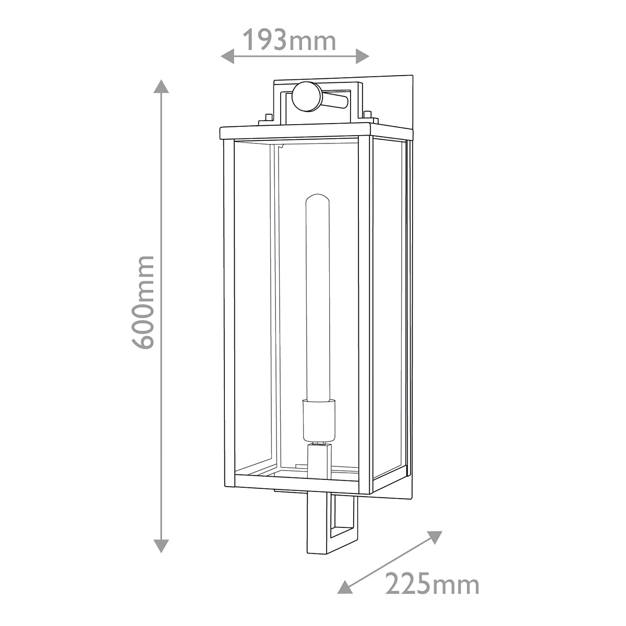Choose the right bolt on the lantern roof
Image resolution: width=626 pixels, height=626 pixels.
coord(368,116)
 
